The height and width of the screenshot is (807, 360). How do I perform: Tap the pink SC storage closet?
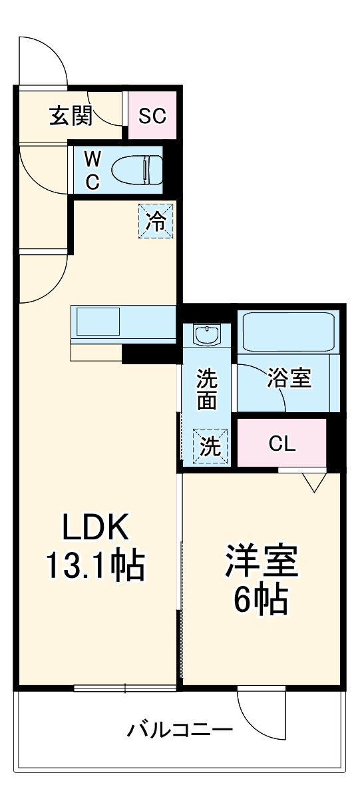point(152,116)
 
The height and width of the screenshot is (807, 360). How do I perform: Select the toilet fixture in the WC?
point(137,169)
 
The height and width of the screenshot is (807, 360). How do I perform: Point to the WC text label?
point(92,169)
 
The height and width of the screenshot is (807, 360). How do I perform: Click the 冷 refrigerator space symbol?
point(156,221)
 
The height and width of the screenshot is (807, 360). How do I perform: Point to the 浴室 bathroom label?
point(289,378)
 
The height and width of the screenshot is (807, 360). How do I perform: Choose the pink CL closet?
point(281,443)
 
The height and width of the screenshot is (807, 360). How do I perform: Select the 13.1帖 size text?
point(94,566)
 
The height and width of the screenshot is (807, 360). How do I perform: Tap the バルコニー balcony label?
point(180,730)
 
